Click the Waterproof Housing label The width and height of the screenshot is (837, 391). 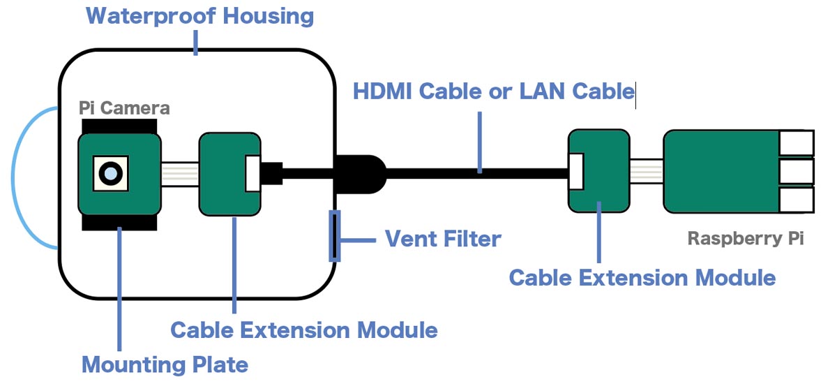(199, 15)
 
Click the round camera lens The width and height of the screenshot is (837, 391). (109, 172)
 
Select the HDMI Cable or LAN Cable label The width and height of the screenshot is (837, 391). (493, 91)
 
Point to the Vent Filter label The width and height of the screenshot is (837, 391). (443, 239)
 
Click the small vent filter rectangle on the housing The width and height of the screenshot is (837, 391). (335, 235)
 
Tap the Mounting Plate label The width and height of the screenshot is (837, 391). (165, 364)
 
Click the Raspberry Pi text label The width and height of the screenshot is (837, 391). (746, 239)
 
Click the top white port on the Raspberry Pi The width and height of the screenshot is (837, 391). (797, 144)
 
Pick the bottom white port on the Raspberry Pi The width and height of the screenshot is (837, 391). (797, 200)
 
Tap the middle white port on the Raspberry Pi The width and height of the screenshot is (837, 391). (797, 172)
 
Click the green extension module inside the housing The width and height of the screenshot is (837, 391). (229, 174)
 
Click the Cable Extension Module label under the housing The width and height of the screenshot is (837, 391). (303, 330)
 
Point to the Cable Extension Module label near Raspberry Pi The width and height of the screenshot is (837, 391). (642, 277)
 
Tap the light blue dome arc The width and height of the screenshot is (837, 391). (14, 178)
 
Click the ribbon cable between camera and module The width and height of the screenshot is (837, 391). (180, 173)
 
